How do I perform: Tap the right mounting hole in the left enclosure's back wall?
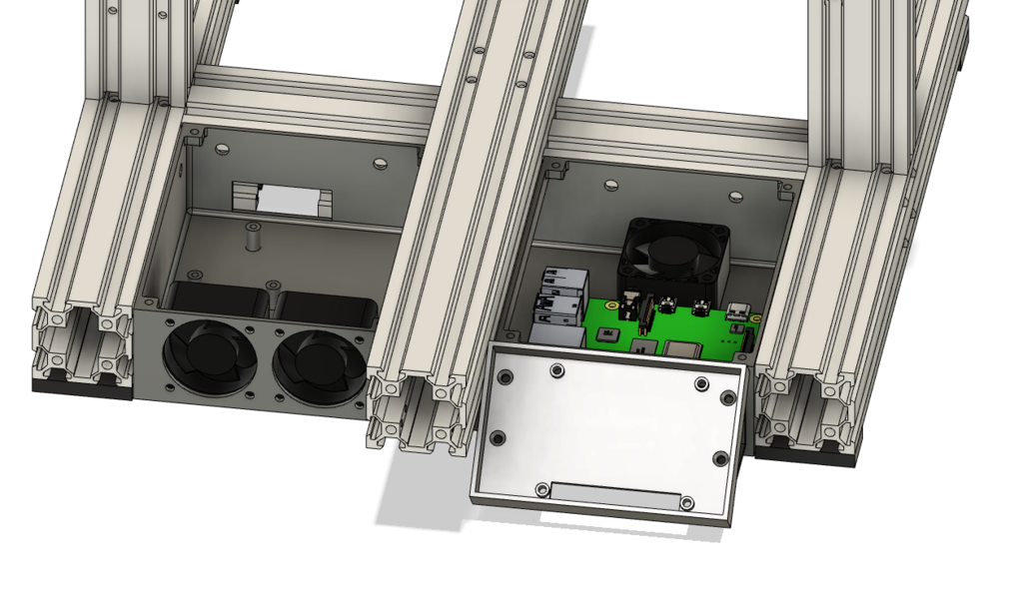pyautogui.click(x=379, y=162)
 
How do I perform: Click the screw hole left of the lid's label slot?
pyautogui.click(x=541, y=489)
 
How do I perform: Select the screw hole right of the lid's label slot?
pyautogui.click(x=687, y=503)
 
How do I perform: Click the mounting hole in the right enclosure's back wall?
pyautogui.click(x=610, y=185)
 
